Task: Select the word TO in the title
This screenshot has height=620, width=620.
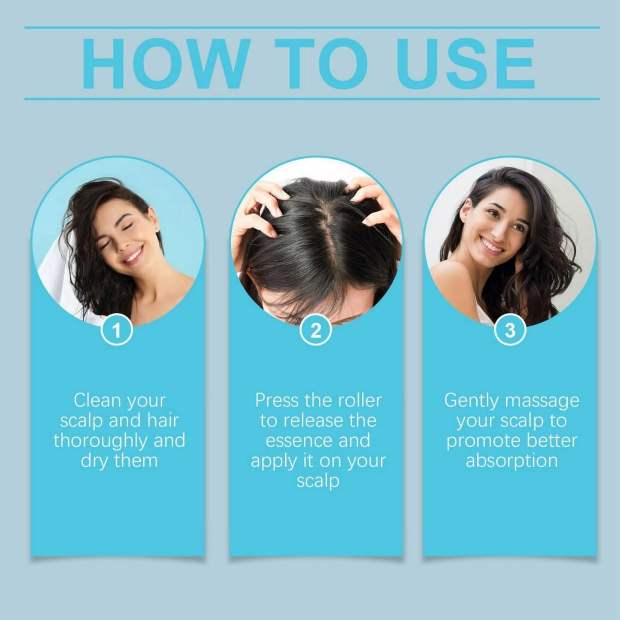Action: [321, 64]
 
